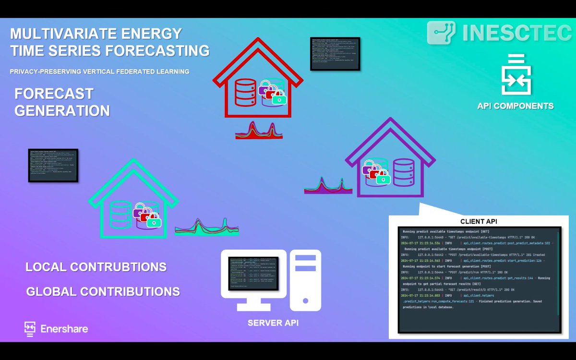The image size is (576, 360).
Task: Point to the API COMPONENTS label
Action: [515, 106]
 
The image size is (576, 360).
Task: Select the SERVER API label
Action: [273, 323]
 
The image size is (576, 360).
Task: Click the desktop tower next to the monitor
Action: [305, 280]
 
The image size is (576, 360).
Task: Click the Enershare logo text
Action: [64, 329]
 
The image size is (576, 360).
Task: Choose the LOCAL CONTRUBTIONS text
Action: [96, 267]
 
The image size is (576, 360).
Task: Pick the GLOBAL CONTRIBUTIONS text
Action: [103, 291]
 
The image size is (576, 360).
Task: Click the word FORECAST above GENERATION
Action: [54, 93]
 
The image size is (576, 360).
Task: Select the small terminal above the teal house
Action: [53, 165]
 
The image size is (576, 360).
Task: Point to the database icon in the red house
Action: [246, 93]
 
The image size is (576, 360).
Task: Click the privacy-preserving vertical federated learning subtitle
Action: [99, 72]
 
